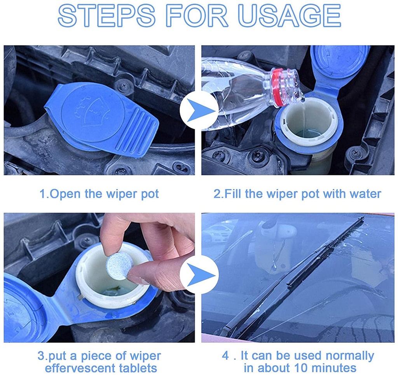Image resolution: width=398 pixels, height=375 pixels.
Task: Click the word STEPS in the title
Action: click(106, 15)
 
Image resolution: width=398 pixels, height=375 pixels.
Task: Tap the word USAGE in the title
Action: click(289, 15)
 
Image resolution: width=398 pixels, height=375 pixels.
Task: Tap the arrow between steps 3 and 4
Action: click(199, 275)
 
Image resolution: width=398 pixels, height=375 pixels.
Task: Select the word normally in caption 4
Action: click(350, 356)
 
